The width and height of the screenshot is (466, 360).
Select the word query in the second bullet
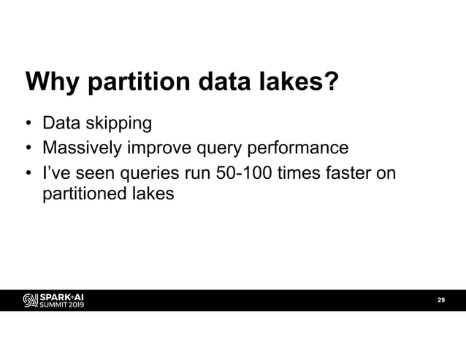click(x=218, y=149)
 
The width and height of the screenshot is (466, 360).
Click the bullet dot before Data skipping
click(x=28, y=123)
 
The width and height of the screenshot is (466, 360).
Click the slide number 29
click(x=440, y=300)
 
